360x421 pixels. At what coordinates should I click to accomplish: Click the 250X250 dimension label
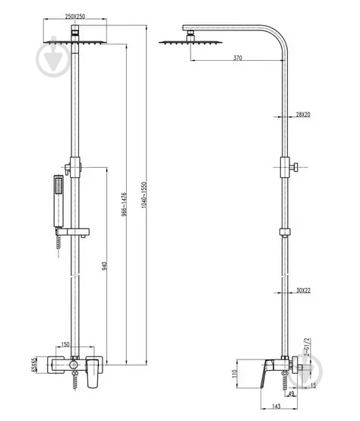click(74, 17)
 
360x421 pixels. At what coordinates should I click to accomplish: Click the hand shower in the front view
click(56, 199)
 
